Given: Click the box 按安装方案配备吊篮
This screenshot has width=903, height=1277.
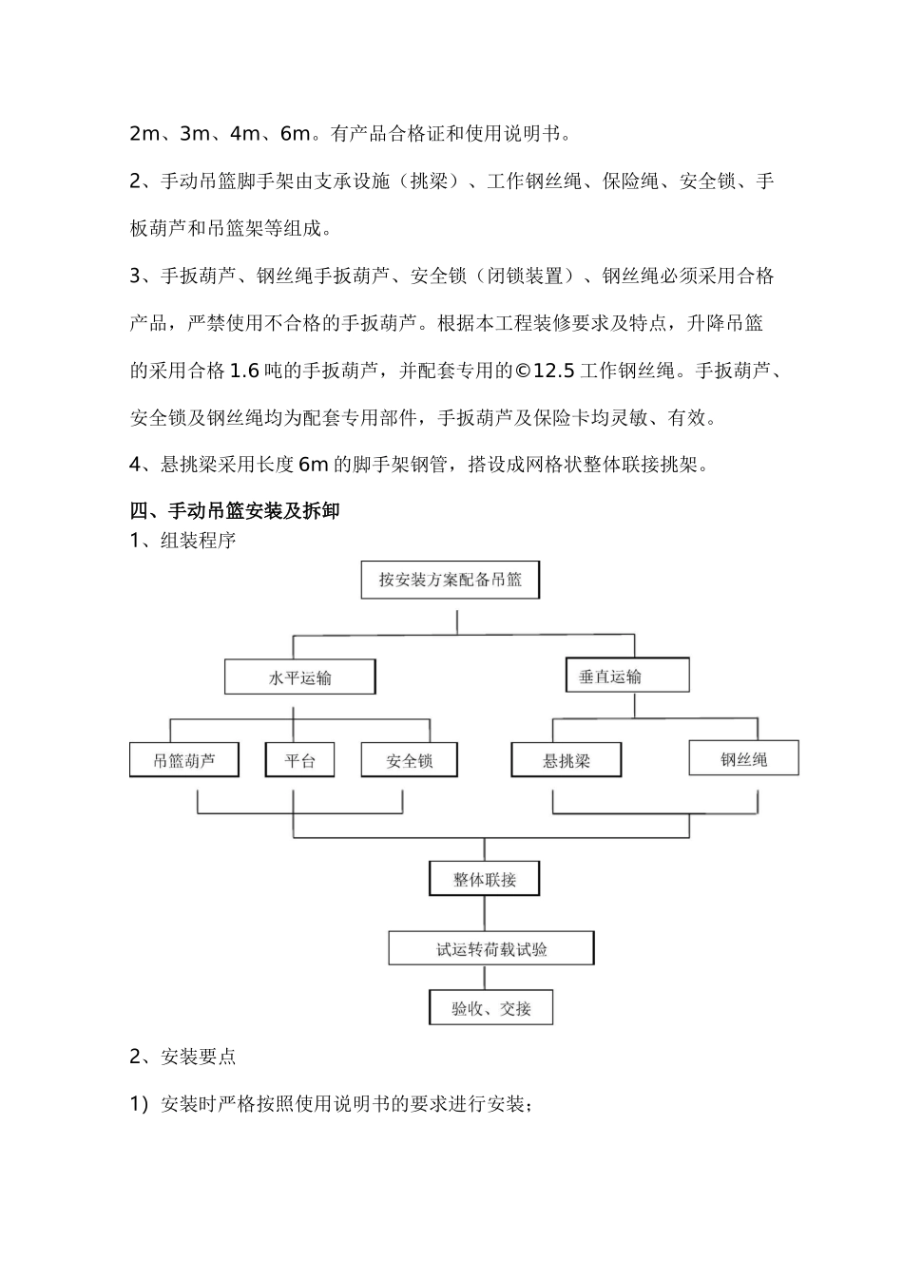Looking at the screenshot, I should pyautogui.click(x=451, y=580).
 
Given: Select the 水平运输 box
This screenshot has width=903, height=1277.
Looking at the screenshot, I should pyautogui.click(x=300, y=677).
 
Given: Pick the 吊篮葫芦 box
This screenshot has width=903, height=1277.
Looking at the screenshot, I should pyautogui.click(x=184, y=760).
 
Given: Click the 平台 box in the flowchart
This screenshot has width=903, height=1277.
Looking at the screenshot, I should pyautogui.click(x=299, y=760).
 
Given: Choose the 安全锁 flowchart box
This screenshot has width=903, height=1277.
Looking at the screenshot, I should pyautogui.click(x=410, y=760).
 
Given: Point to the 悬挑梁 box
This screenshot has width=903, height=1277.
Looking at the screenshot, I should pyautogui.click(x=567, y=760).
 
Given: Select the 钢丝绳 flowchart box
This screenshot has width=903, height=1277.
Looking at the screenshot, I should pyautogui.click(x=743, y=758).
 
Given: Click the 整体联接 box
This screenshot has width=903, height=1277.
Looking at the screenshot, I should pyautogui.click(x=485, y=879).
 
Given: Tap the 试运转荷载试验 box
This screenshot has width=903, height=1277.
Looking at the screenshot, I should pyautogui.click(x=491, y=948).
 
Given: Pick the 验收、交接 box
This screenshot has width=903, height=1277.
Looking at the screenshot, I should pyautogui.click(x=490, y=1008).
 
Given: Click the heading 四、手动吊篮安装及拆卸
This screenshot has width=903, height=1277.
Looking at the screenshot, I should pyautogui.click(x=234, y=511).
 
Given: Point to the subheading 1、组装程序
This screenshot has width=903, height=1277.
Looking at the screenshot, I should pyautogui.click(x=183, y=541).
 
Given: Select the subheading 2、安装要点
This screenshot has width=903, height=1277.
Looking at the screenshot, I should pyautogui.click(x=183, y=1057).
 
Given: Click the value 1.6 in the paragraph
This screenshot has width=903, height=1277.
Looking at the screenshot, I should pyautogui.click(x=245, y=371).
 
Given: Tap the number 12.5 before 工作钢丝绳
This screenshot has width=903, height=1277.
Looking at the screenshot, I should pyautogui.click(x=554, y=371).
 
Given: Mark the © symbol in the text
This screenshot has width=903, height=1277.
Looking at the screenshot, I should pyautogui.click(x=523, y=371).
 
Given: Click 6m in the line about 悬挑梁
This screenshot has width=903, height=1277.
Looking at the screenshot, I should pyautogui.click(x=313, y=465).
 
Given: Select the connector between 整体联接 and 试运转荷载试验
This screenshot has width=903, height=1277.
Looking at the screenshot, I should pyautogui.click(x=486, y=913).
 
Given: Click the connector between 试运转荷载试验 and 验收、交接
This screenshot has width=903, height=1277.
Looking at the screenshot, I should pyautogui.click(x=486, y=978).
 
